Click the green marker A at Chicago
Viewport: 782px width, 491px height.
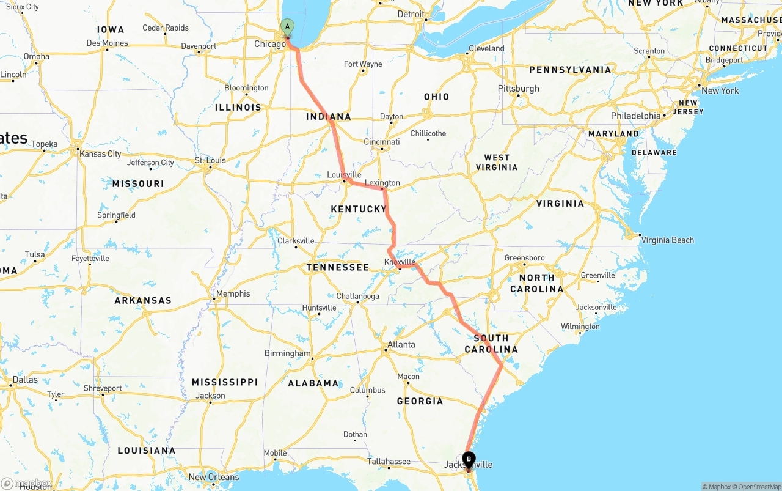287,27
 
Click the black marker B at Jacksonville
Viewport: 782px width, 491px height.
469,459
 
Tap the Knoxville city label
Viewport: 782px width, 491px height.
400,262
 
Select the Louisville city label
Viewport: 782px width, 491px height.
344,175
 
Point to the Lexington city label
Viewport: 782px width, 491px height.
382,183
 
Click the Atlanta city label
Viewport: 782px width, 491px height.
401,344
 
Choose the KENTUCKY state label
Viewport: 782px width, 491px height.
359,209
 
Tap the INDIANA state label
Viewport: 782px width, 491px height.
329,117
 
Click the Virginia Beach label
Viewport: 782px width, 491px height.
667,240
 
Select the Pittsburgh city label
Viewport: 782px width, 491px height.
519,89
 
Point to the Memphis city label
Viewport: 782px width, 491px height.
233,293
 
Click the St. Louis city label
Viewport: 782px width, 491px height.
210,161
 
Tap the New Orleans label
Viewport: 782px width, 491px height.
214,477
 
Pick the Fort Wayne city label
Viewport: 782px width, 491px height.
363,64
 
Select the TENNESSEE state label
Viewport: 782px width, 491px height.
338,267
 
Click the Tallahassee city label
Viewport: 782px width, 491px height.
389,462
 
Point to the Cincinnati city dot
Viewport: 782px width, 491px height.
382,149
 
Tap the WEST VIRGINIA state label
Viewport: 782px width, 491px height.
497,162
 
